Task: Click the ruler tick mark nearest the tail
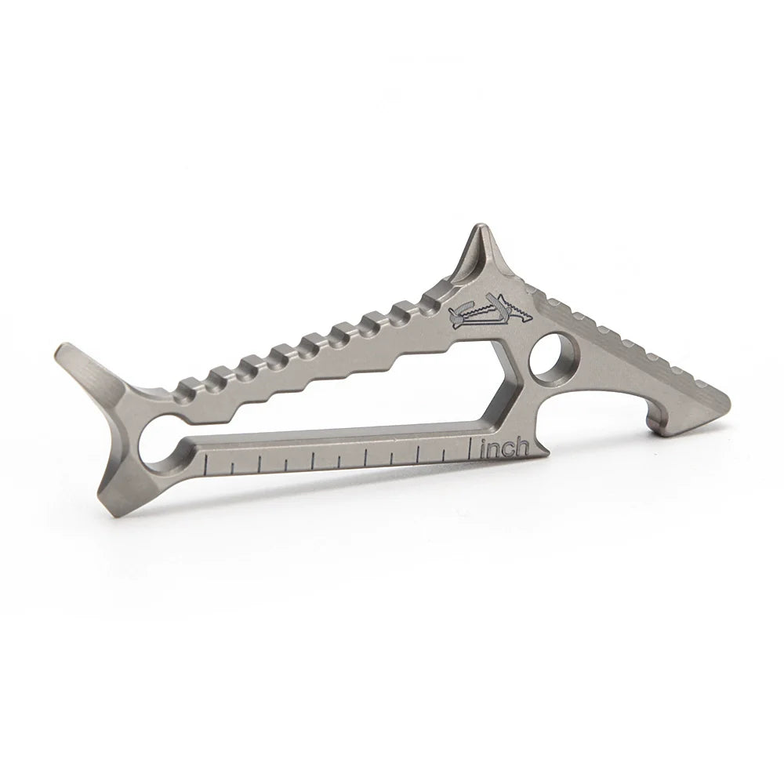(x=205, y=466)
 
